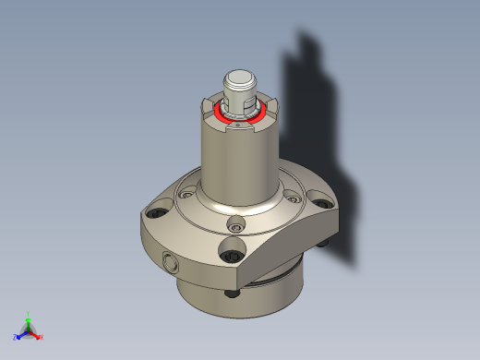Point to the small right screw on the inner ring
[x=292, y=195]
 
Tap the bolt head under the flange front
[x=232, y=294]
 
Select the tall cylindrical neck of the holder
[x=239, y=166]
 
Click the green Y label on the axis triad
[x=29, y=314]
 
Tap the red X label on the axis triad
[x=42, y=337]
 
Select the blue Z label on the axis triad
[x=16, y=337]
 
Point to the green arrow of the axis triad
[x=29, y=322]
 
